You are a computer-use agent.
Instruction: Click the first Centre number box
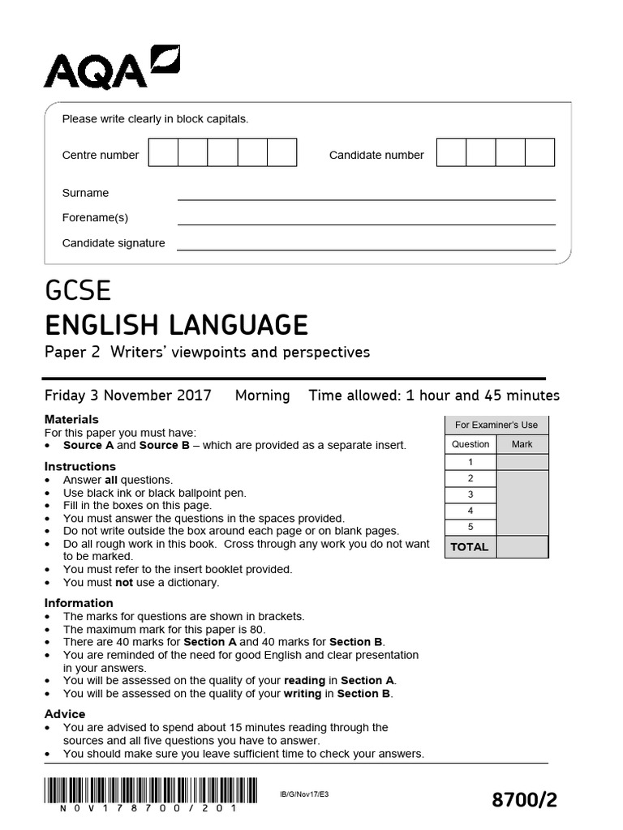163,152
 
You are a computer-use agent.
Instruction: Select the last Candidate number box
539,152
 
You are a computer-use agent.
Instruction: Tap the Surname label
85,193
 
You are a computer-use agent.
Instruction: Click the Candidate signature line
366,250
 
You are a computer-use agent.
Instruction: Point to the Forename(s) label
95,217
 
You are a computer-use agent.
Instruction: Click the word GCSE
78,291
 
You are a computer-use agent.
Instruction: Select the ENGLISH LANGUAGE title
176,325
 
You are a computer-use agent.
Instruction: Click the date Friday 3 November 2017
128,396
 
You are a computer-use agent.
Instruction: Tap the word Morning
262,396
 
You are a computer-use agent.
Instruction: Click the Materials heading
71,419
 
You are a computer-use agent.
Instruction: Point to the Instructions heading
79,466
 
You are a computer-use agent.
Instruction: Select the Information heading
78,602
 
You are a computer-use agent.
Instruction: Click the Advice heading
64,713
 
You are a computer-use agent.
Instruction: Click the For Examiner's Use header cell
496,425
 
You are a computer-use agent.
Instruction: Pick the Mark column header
522,444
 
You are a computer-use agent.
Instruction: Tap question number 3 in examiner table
470,494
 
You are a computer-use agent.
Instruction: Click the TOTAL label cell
470,546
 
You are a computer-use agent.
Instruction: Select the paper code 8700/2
525,800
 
